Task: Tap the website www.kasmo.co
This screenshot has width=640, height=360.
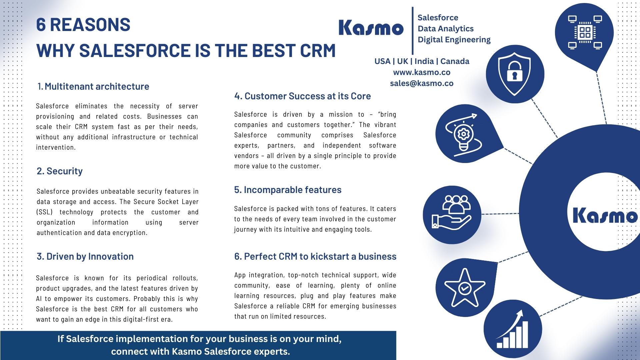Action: click(x=422, y=72)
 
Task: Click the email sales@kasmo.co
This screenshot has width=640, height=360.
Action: click(x=422, y=83)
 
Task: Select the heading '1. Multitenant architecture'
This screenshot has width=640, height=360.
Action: click(x=93, y=86)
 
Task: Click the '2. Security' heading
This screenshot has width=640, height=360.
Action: click(x=60, y=171)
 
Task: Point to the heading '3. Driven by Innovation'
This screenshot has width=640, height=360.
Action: click(x=85, y=256)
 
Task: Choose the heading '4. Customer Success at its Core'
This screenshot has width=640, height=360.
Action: click(x=302, y=96)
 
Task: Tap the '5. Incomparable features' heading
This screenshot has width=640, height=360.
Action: click(x=288, y=190)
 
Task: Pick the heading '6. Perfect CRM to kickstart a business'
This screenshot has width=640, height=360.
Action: click(x=315, y=256)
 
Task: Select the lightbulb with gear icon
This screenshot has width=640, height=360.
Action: click(x=464, y=134)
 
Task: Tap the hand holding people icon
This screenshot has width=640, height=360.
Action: click(x=452, y=215)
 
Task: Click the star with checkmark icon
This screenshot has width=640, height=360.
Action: click(x=464, y=288)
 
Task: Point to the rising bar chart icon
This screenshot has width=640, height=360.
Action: click(x=513, y=329)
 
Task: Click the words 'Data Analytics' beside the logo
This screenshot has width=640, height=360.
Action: click(x=445, y=29)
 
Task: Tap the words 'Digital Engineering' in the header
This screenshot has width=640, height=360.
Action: click(x=454, y=40)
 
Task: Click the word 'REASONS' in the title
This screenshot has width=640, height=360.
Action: click(x=90, y=25)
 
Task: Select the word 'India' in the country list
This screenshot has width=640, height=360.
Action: click(x=424, y=61)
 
